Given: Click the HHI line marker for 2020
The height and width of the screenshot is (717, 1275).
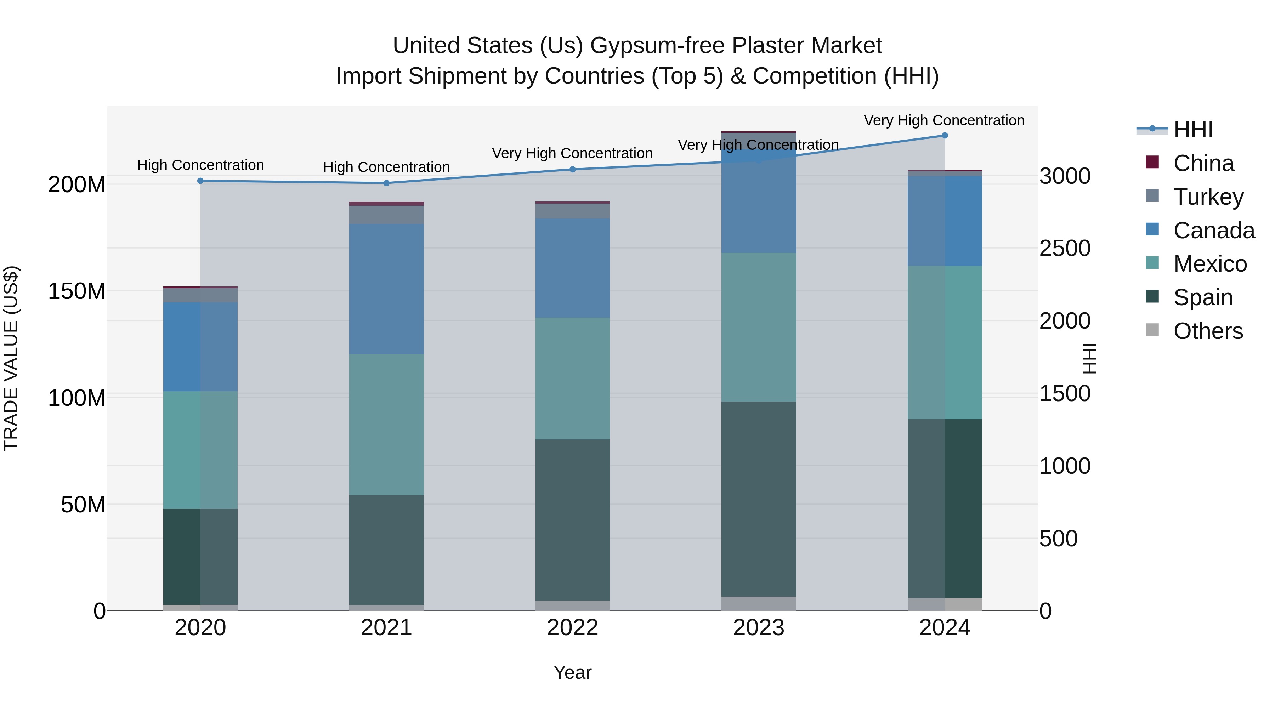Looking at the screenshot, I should (x=200, y=181).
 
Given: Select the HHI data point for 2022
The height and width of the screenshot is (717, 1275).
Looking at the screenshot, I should (x=573, y=169).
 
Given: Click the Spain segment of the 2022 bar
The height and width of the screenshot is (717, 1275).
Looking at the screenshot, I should (x=573, y=519).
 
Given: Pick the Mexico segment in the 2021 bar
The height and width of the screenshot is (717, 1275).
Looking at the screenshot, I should (x=386, y=425).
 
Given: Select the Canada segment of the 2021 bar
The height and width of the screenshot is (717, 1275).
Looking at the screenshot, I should (x=386, y=289).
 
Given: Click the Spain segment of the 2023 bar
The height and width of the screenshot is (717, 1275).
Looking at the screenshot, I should (x=759, y=499).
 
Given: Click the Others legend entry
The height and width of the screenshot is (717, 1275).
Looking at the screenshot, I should (x=1208, y=331).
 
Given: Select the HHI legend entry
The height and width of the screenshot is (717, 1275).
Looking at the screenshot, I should (x=1193, y=130).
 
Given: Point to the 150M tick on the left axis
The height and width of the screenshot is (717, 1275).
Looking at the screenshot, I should (x=77, y=291).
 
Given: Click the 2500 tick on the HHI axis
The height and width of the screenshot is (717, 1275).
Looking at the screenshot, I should (x=1065, y=249).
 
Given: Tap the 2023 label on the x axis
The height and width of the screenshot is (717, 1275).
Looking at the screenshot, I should (x=759, y=628).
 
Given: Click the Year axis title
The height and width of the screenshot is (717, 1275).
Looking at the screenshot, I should (x=573, y=672).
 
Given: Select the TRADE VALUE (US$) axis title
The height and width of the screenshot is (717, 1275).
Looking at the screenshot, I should (x=11, y=358).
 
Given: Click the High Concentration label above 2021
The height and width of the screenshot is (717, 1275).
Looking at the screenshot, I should (x=386, y=167).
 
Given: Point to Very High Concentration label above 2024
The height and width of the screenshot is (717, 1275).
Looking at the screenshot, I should (x=944, y=121).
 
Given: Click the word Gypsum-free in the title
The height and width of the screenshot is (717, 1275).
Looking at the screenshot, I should (x=657, y=46).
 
